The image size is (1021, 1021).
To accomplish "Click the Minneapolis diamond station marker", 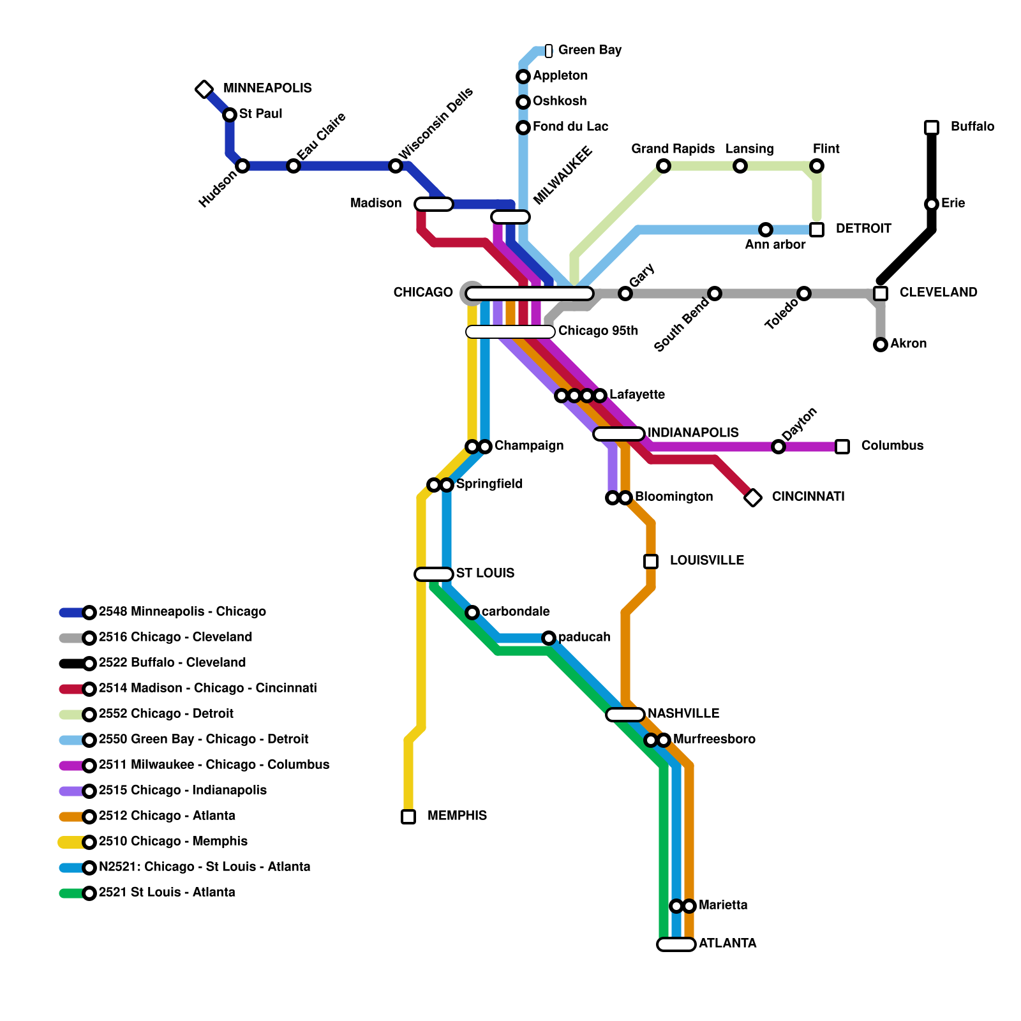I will pyautogui.click(x=204, y=89).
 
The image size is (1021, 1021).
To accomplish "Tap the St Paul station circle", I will pyautogui.click(x=230, y=115).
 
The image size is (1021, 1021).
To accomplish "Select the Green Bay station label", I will pyautogui.click(x=590, y=50).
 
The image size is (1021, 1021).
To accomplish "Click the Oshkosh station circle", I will pyautogui.click(x=523, y=102).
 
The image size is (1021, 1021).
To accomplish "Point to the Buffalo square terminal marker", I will pyautogui.click(x=932, y=128).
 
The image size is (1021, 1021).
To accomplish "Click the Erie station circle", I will pyautogui.click(x=932, y=204).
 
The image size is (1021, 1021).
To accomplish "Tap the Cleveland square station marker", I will pyautogui.click(x=881, y=294).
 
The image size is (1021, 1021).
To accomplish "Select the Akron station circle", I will pyautogui.click(x=881, y=345).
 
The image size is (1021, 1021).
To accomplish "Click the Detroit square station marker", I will pyautogui.click(x=817, y=230).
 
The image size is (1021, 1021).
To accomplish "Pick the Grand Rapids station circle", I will pyautogui.click(x=664, y=166).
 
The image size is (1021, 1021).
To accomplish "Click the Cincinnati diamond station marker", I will pyautogui.click(x=753, y=498).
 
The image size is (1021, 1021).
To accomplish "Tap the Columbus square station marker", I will pyautogui.click(x=842, y=447).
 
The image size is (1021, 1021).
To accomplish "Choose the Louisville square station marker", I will pyautogui.click(x=651, y=562).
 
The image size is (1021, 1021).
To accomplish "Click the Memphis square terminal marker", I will pyautogui.click(x=408, y=817).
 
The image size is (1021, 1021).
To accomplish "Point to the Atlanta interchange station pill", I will pyautogui.click(x=676, y=944).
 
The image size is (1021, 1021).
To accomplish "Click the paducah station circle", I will pyautogui.click(x=549, y=638).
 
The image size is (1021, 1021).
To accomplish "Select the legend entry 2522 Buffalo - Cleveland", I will pyautogui.click(x=172, y=663).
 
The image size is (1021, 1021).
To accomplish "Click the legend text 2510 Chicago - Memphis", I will pyautogui.click(x=173, y=842).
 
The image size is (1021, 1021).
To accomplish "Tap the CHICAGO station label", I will pyautogui.click(x=423, y=293).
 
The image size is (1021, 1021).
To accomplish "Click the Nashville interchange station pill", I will pyautogui.click(x=625, y=715).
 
